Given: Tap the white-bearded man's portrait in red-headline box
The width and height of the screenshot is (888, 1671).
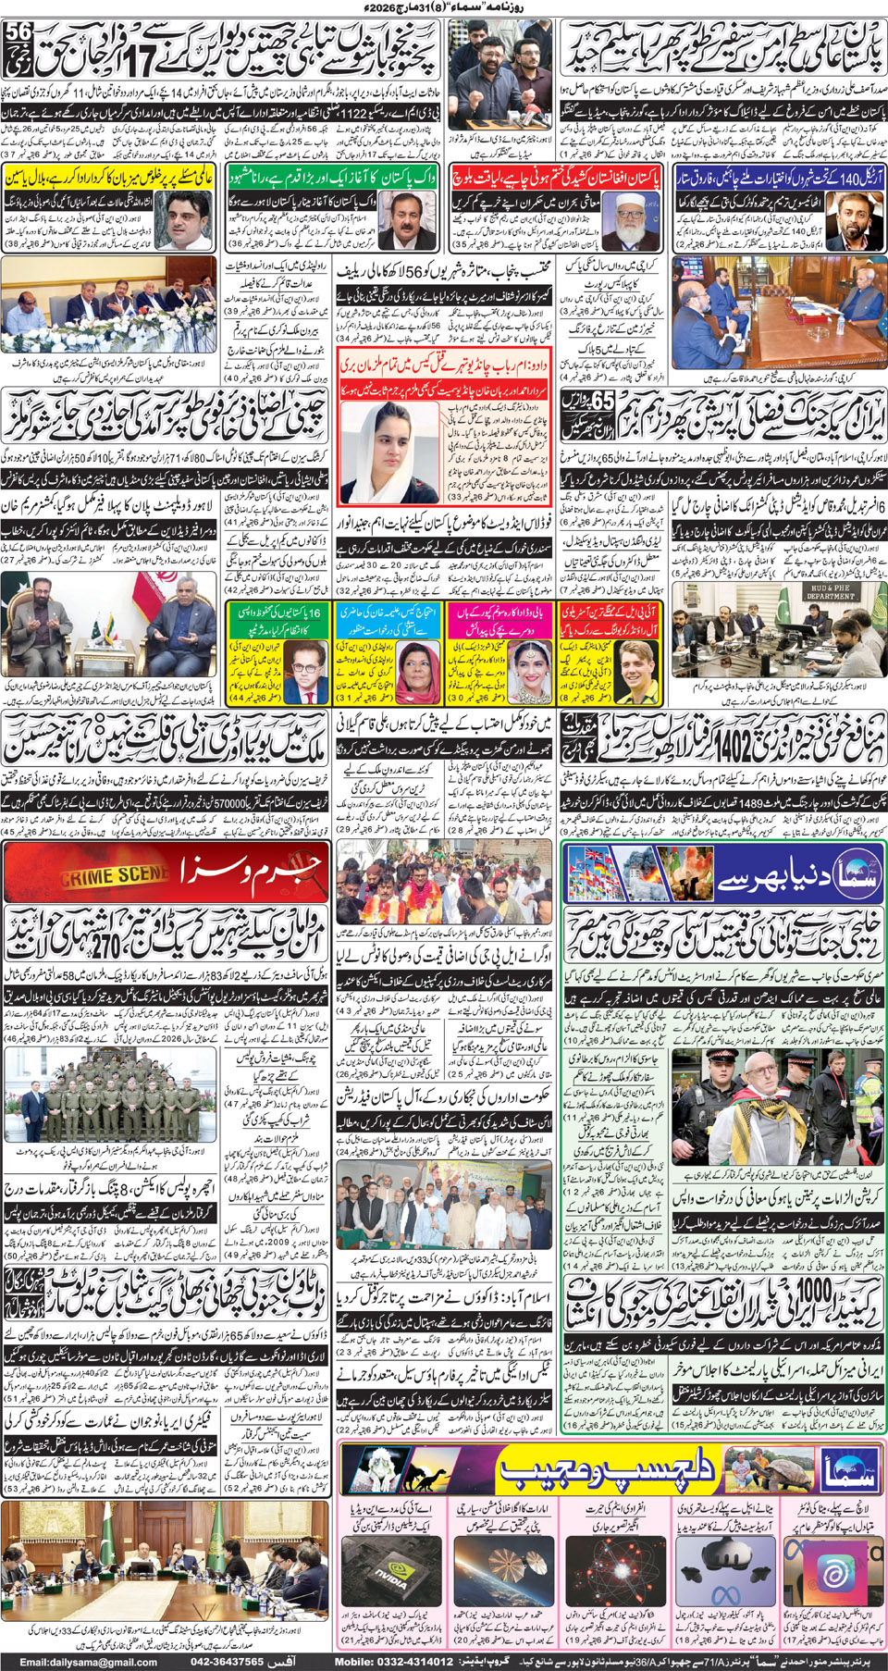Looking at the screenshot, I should click(x=621, y=221).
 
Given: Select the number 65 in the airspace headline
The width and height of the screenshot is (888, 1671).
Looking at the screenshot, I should click(x=602, y=401).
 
